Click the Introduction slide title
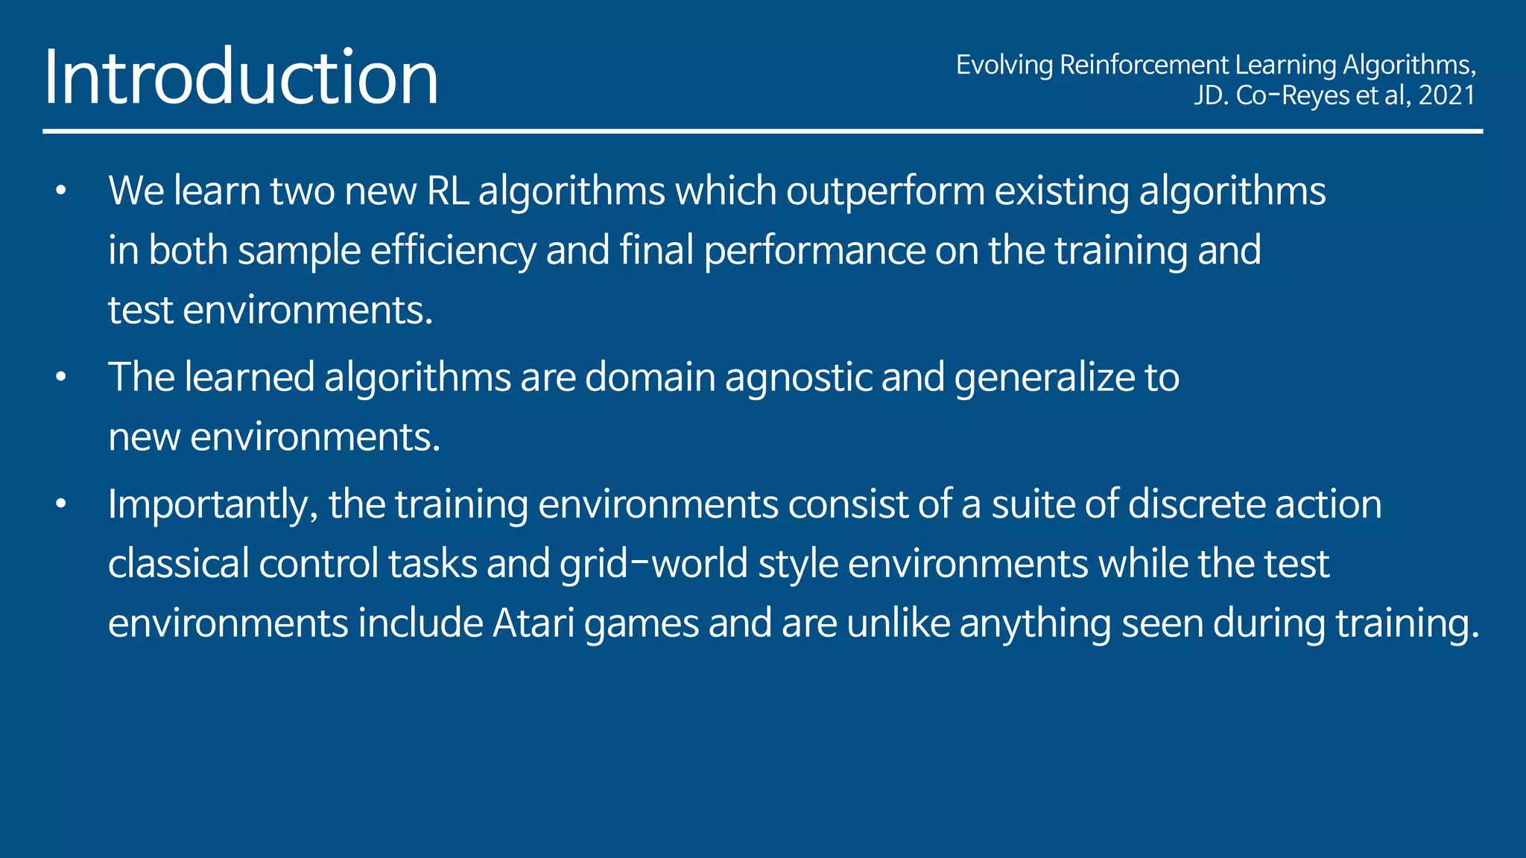[241, 77]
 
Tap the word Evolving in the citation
[1004, 65]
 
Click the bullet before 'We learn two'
[61, 191]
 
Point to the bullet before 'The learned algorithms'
[61, 378]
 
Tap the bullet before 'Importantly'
[61, 505]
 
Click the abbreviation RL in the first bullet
[447, 191]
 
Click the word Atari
[533, 623]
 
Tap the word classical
[178, 564]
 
